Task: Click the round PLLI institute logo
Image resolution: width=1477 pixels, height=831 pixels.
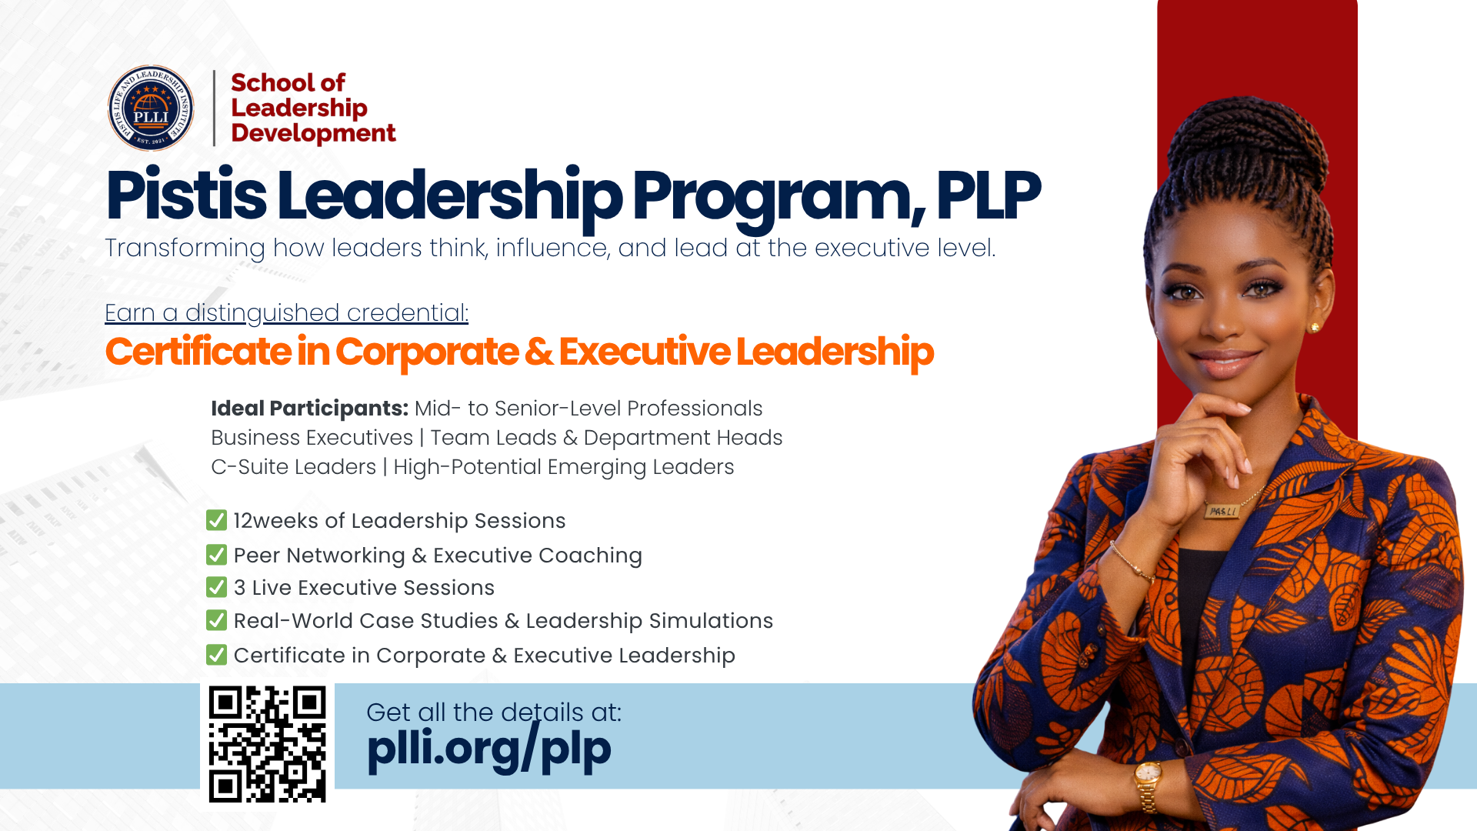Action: point(151,108)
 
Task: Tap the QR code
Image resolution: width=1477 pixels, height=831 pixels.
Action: point(267,744)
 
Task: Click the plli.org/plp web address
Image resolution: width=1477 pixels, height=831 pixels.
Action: point(489,749)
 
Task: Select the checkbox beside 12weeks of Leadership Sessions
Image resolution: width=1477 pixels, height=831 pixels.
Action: point(216,521)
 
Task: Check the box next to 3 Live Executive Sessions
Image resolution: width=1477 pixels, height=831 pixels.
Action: point(216,588)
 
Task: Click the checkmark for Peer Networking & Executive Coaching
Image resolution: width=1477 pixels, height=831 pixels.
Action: point(216,555)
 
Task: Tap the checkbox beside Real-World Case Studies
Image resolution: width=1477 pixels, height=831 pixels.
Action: point(216,621)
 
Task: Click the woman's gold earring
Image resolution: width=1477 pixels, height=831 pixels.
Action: point(1315,328)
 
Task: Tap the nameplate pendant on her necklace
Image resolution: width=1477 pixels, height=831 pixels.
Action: point(1222,511)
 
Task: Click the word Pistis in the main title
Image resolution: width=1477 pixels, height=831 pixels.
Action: point(186,196)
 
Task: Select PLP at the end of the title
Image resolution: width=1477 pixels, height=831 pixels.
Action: point(989,196)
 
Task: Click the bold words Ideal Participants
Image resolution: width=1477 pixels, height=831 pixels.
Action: point(309,409)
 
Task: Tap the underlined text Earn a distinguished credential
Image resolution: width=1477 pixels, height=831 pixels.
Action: point(286,313)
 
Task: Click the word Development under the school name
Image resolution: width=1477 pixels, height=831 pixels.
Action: point(313,133)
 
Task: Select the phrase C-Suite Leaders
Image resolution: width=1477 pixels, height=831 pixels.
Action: point(293,467)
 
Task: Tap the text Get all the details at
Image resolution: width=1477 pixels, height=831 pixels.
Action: point(493,713)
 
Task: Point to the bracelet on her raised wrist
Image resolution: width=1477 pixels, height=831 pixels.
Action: point(1131,562)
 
